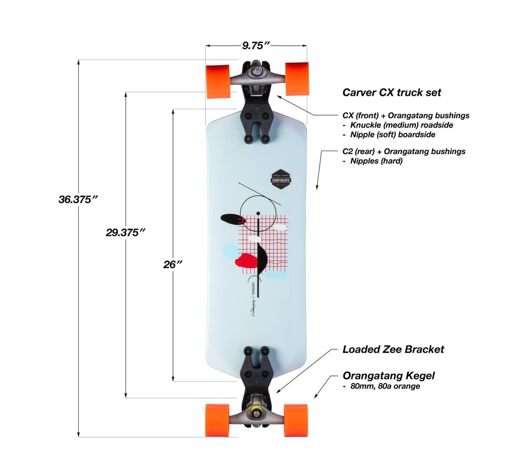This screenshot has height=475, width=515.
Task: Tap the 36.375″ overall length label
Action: (x=78, y=199)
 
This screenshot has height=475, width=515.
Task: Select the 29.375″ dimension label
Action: (x=125, y=232)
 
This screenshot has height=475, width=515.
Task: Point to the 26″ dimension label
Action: (x=172, y=264)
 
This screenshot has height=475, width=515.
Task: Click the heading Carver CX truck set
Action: (x=392, y=92)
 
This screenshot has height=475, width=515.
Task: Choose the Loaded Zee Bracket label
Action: (x=393, y=349)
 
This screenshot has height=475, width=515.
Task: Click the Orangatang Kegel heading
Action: (x=388, y=376)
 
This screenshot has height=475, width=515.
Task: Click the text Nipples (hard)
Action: (x=376, y=161)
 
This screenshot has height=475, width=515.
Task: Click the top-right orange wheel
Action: (x=297, y=78)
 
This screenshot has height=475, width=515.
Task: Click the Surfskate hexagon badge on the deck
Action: (x=281, y=178)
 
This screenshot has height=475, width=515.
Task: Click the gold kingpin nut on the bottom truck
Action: (x=255, y=413)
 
